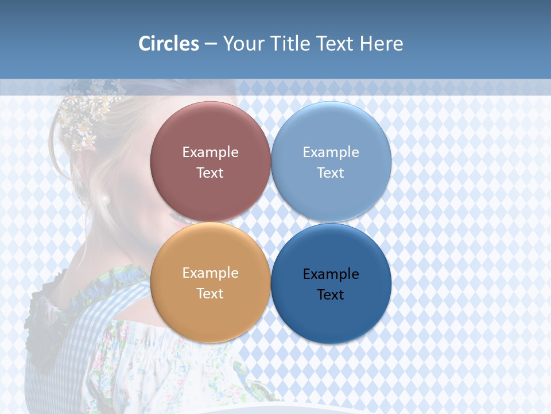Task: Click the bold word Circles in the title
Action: coord(169,44)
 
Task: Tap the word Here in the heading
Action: coord(382,44)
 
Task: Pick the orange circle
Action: coord(210,310)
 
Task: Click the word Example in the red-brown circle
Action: coord(210,152)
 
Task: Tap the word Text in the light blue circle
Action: coord(331,172)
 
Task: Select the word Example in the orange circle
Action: coord(210,273)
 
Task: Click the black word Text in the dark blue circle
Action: coord(331,294)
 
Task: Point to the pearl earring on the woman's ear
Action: coord(105,200)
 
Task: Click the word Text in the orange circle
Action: coord(210,293)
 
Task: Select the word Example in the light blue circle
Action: coord(331,152)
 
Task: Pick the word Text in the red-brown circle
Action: coord(210,172)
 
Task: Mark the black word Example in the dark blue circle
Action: coord(331,274)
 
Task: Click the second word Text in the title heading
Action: coord(336,44)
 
